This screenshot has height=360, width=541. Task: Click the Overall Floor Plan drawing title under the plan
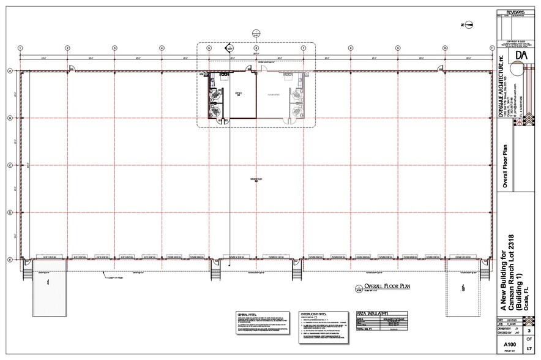(x=381, y=287)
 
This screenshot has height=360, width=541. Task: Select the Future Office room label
(x=272, y=96)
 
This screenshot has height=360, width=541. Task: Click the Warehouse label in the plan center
(x=256, y=179)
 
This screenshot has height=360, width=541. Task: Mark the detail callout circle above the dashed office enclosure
(x=255, y=34)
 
